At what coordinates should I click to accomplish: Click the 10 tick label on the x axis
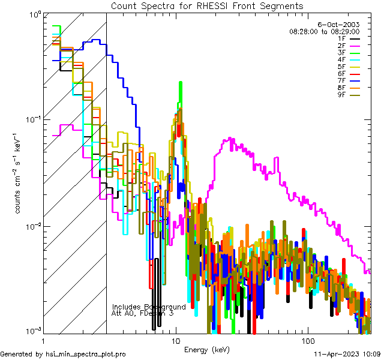175,340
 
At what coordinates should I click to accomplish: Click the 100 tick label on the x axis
307,340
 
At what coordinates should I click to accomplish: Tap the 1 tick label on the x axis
44,340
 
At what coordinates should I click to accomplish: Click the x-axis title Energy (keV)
207,349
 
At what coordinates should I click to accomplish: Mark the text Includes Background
149,307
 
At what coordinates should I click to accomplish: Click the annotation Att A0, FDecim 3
142,313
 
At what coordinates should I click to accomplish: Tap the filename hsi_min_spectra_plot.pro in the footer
86,354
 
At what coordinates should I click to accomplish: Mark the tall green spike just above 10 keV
181,83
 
